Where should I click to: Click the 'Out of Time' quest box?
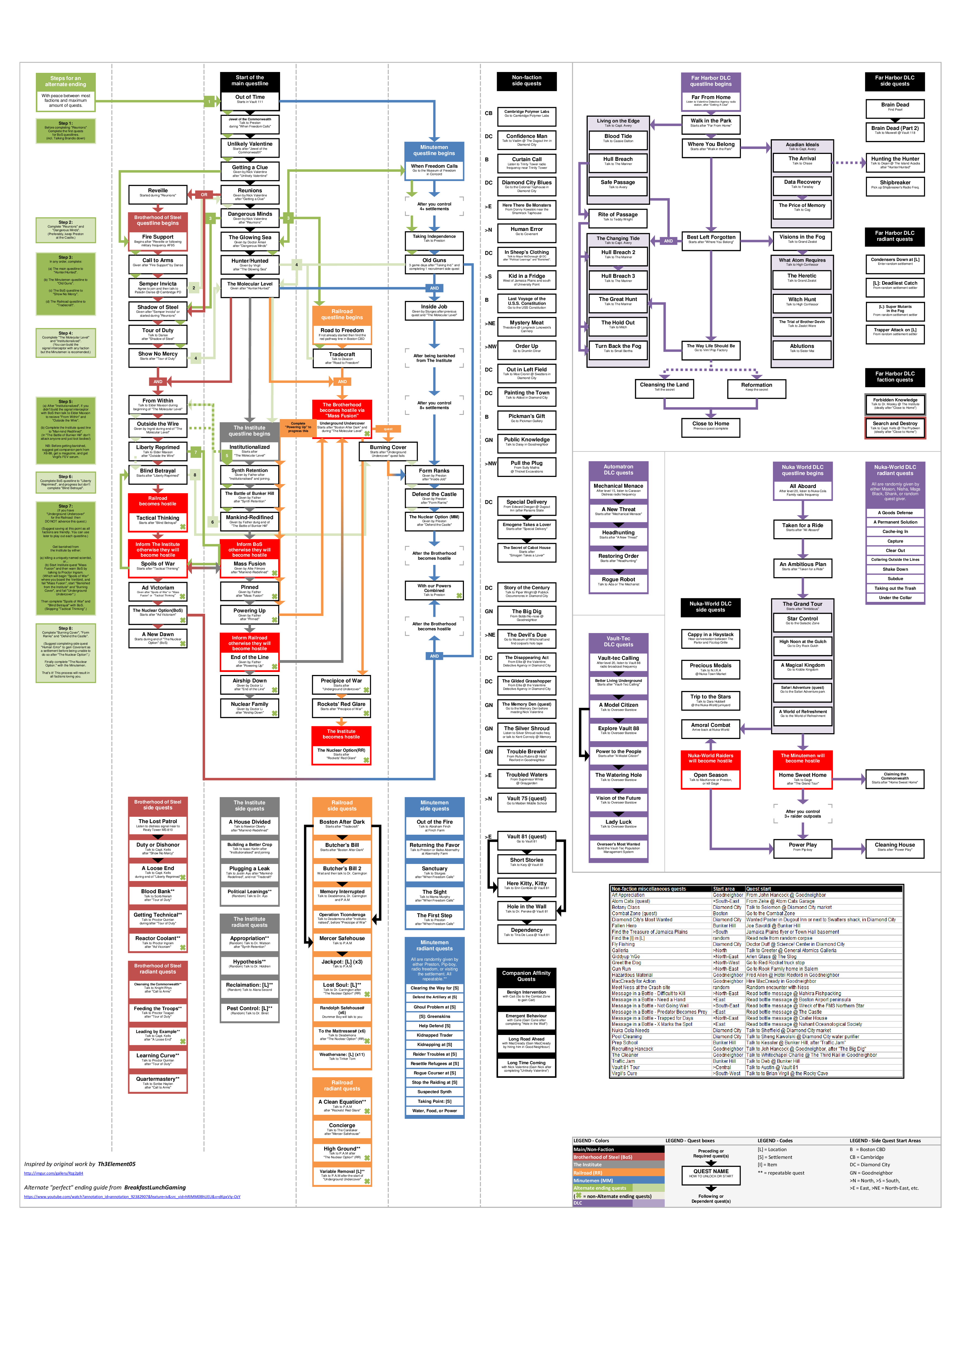pyautogui.click(x=250, y=99)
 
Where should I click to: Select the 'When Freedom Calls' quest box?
pyautogui.click(x=434, y=169)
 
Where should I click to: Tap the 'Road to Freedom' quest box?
pyautogui.click(x=342, y=333)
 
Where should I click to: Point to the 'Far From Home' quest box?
pyautogui.click(x=711, y=100)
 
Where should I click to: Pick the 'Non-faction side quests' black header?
pyautogui.click(x=527, y=81)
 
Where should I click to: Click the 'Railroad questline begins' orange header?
pyautogui.click(x=342, y=314)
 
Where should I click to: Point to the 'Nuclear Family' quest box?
pyautogui.click(x=250, y=706)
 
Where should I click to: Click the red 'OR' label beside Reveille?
pyautogui.click(x=204, y=194)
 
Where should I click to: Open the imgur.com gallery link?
pyautogui.click(x=54, y=1173)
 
